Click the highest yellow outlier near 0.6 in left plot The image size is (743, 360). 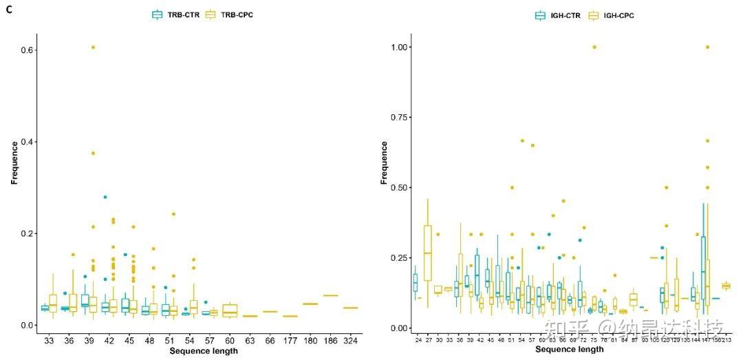pyautogui.click(x=93, y=47)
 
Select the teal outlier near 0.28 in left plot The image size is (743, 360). pyautogui.click(x=105, y=197)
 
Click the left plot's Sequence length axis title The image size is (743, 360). pyautogui.click(x=204, y=351)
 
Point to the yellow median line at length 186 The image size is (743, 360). pyautogui.click(x=330, y=295)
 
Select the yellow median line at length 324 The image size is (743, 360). pyautogui.click(x=350, y=308)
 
